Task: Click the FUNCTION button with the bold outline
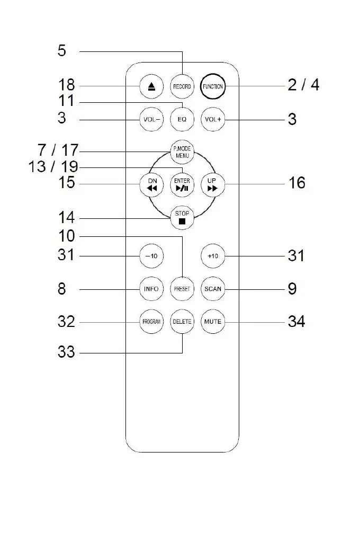213,86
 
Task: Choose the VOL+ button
213,119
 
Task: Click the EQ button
182,119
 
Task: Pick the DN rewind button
152,184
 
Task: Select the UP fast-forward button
213,184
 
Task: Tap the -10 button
151,256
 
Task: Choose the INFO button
151,289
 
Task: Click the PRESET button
182,289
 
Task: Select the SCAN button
213,289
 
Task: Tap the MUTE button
213,322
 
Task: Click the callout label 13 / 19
53,167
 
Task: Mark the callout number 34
296,321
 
